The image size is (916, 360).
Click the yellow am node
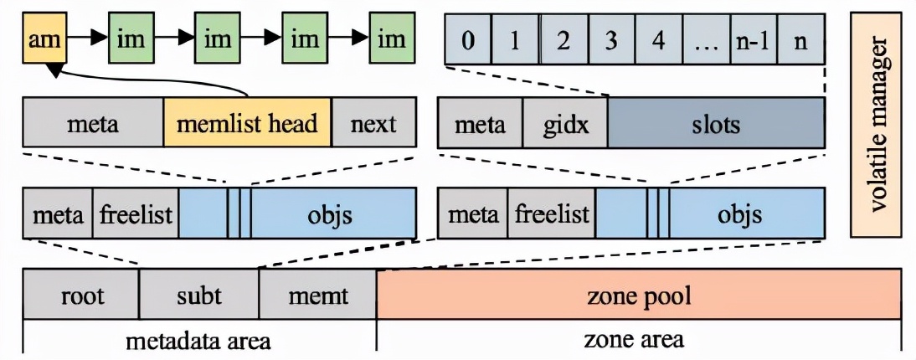pos(44,39)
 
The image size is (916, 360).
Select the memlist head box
pos(248,125)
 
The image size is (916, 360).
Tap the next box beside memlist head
pos(374,125)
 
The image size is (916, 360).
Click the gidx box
pos(566,125)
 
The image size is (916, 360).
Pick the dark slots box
pos(717,125)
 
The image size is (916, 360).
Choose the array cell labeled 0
pos(468,39)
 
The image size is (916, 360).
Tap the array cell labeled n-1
pos(753,39)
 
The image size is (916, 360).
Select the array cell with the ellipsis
pos(706,39)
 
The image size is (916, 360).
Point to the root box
pos(81,295)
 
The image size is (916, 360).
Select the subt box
pos(198,295)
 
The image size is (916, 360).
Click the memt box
pos(317,295)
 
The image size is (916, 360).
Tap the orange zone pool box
pos(640,295)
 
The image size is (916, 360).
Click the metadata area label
pos(198,340)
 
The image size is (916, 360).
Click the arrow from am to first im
pos(86,39)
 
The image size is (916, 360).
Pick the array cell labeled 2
pos(563,39)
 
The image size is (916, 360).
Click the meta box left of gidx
pos(481,125)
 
